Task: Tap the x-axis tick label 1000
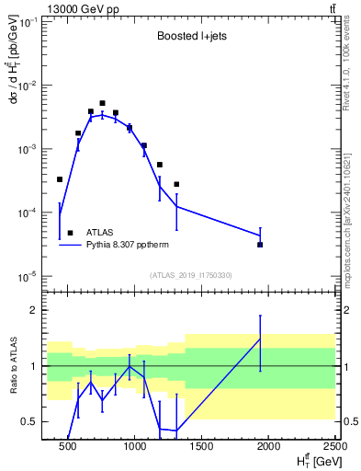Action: pyautogui.click(x=135, y=449)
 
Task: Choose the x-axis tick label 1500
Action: pyautogui.click(x=202, y=449)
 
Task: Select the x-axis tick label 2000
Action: pyautogui.click(x=269, y=449)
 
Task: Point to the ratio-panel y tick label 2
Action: pyautogui.click(x=33, y=311)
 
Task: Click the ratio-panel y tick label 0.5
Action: pyautogui.click(x=29, y=422)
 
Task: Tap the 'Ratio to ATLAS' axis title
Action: pyautogui.click(x=16, y=366)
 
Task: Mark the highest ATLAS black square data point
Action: pyautogui.click(x=102, y=103)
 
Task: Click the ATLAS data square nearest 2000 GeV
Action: pyautogui.click(x=260, y=245)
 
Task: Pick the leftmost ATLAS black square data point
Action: pyautogui.click(x=60, y=179)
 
